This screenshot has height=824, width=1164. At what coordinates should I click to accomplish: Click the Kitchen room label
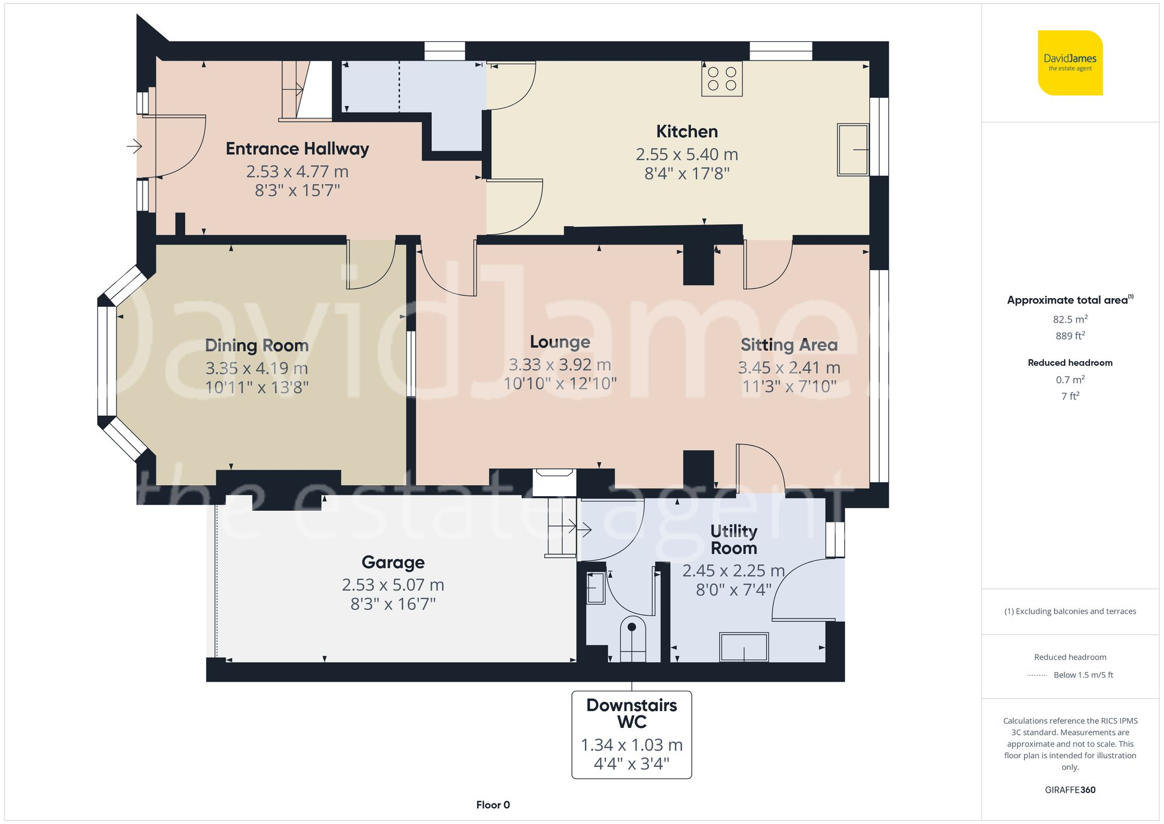(x=687, y=132)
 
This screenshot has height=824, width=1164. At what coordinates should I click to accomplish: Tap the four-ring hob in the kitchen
(x=722, y=79)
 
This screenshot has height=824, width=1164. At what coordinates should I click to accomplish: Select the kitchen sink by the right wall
(x=853, y=150)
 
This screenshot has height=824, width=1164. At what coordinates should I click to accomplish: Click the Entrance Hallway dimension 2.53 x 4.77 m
(x=297, y=172)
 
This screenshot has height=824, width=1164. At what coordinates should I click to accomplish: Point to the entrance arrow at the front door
(x=134, y=146)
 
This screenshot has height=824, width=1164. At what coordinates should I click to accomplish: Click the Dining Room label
(x=257, y=345)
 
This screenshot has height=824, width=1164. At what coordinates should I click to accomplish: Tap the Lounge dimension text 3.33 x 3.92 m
(x=560, y=365)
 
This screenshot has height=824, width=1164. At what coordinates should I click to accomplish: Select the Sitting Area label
(x=789, y=345)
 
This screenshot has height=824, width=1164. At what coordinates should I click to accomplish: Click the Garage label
(x=393, y=562)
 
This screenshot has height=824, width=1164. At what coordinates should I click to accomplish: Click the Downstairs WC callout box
(x=631, y=734)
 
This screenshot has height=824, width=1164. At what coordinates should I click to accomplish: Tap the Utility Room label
(x=733, y=539)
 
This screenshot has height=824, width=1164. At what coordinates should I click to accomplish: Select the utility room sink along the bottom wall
(x=744, y=646)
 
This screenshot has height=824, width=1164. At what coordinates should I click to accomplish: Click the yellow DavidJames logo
(x=1070, y=63)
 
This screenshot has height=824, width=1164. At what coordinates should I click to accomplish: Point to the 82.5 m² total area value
(x=1070, y=319)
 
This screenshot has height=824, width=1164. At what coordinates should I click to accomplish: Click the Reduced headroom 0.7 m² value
(x=1070, y=380)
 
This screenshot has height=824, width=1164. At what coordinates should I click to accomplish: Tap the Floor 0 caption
(x=492, y=805)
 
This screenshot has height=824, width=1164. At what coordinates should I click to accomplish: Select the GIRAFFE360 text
(x=1070, y=790)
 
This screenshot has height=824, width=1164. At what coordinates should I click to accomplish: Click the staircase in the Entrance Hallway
(x=306, y=90)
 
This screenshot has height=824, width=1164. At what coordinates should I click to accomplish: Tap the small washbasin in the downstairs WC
(x=595, y=588)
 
